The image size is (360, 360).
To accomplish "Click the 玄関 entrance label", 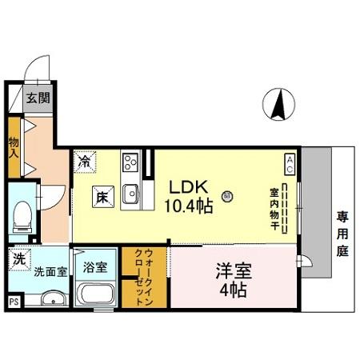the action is tap(38, 98).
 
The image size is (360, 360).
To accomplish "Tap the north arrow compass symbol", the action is tap(278, 104).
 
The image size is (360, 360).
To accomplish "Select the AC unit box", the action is tap(290, 165).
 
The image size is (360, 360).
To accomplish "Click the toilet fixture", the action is tap(22, 218).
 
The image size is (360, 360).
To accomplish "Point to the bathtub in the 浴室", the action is tap(95, 294).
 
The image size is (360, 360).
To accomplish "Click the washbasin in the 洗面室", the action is tap(54, 298).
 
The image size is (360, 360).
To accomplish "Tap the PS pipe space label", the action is tap(14, 302).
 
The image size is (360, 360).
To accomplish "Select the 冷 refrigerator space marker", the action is tap(85, 162).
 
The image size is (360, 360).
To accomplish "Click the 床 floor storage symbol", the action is tap(103, 197).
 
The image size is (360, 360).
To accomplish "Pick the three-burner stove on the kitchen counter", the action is tap(130, 162).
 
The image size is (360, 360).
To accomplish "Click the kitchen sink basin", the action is tap(131, 194).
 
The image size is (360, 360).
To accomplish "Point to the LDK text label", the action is tap(189, 187).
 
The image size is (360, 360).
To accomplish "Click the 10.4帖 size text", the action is tap(189, 206).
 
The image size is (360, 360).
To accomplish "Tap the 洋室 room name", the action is tap(234, 271).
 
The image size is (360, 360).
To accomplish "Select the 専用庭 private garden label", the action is tap(342, 234).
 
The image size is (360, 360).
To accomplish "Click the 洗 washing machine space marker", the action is tap(20, 259).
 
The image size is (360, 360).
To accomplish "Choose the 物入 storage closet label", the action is tap(14, 148).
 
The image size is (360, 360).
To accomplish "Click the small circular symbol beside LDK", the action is tap(227, 197).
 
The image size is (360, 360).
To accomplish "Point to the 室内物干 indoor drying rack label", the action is tap(274, 209).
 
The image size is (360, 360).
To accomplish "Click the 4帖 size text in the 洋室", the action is tap(233, 290).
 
